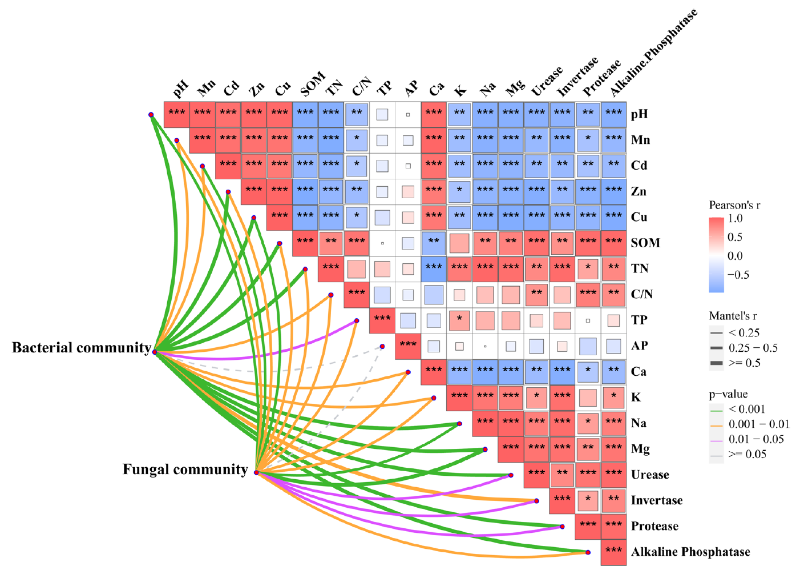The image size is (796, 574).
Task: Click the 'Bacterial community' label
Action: tap(82, 348)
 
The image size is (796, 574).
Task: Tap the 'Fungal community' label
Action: tap(185, 469)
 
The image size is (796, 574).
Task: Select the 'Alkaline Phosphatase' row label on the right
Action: tap(690, 552)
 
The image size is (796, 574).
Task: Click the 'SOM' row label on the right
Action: tap(645, 243)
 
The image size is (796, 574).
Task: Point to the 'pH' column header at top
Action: tap(180, 89)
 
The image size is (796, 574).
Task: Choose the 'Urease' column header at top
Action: tap(546, 82)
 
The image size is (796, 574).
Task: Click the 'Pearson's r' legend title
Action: tap(734, 205)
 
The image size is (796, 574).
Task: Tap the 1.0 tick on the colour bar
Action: tap(736, 218)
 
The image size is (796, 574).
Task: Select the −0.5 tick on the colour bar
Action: tap(738, 275)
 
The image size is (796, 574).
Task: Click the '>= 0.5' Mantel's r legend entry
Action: tap(744, 363)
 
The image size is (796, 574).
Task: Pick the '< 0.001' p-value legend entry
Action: tap(747, 409)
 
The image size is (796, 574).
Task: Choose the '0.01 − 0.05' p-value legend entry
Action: tap(756, 439)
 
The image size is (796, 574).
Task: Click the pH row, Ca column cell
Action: tap(434, 114)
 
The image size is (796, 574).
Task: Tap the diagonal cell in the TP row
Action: tap(382, 320)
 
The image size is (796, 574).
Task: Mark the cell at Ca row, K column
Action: tap(459, 371)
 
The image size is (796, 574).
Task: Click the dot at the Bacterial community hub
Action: tap(155, 352)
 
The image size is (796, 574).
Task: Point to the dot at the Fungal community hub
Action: tap(256, 473)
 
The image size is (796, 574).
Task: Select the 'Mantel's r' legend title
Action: tap(733, 316)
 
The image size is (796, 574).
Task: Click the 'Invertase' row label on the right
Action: tap(656, 501)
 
